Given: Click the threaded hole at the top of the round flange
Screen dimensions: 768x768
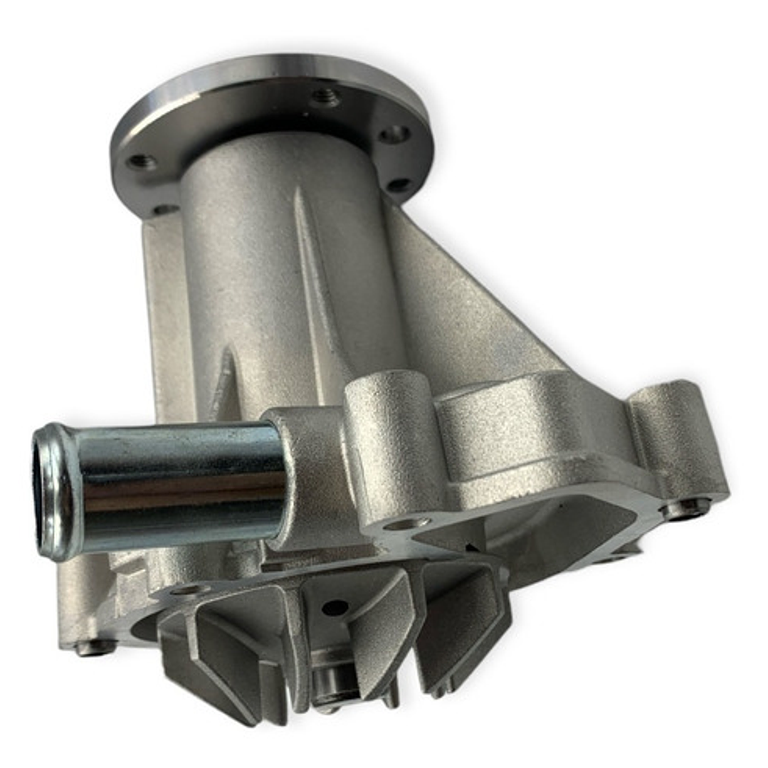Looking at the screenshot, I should click(x=325, y=96).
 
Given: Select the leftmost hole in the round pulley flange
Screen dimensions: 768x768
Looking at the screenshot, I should click(x=142, y=162).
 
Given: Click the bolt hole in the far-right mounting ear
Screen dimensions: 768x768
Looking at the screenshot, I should click(x=686, y=507).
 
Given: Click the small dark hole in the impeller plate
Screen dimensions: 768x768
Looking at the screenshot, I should click(x=335, y=607).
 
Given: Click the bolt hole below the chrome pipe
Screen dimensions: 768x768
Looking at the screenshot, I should click(x=189, y=589).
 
